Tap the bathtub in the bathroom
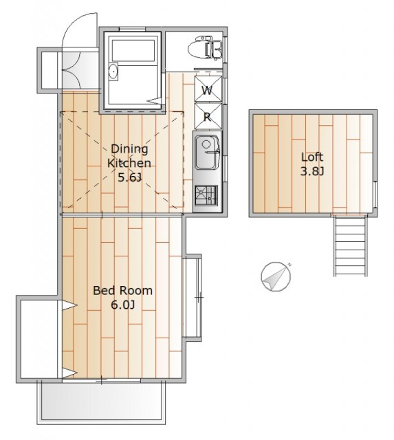coord(133,50)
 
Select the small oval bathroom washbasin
coord(113,71)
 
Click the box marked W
coord(208,89)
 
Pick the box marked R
coord(208,116)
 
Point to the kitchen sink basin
coord(208,153)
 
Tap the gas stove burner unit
coord(206,195)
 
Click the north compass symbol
coord(276,276)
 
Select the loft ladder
coord(350,245)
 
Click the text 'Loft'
coord(312,157)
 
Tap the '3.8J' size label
coord(312,171)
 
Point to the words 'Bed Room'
coord(122,290)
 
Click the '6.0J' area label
coord(123,305)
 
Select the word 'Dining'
coord(129,148)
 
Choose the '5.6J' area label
coord(129,177)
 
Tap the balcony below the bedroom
coord(101,401)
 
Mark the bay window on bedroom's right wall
coord(193,298)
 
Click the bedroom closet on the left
coord(40,339)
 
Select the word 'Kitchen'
coord(129,163)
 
